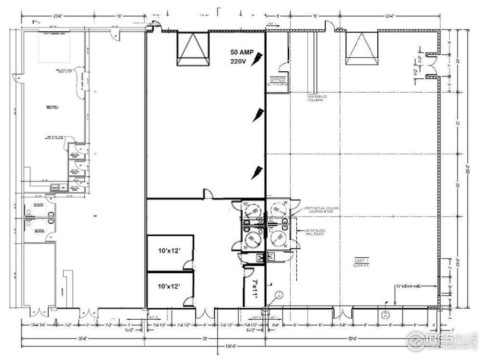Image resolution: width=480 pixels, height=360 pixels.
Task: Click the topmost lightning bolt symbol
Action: [x=257, y=59]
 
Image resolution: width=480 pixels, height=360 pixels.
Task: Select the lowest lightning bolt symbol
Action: [x=257, y=172]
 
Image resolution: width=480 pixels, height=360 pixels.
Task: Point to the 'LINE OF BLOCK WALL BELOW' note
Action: [x=314, y=233]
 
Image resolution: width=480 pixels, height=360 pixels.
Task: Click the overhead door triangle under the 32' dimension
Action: [x=361, y=48]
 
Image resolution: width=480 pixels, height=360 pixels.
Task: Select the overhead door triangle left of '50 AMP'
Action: [x=193, y=48]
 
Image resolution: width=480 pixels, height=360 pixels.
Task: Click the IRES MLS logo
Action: [x=441, y=341]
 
